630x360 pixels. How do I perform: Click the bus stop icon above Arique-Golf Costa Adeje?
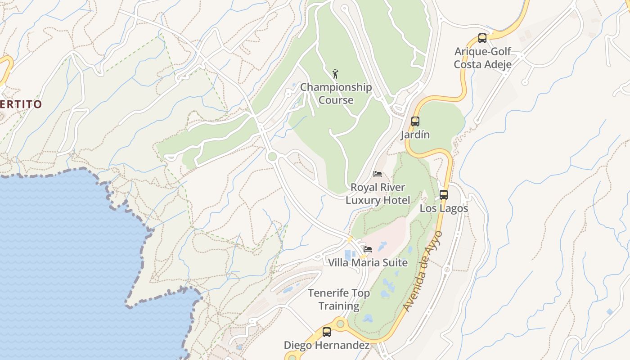(x=482, y=38)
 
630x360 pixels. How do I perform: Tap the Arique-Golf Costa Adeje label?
(x=482, y=58)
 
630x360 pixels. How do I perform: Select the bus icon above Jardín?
(x=415, y=121)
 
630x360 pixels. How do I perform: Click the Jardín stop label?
(x=415, y=135)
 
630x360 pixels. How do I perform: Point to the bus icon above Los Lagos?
(x=444, y=195)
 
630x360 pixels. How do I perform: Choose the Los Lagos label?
(x=444, y=208)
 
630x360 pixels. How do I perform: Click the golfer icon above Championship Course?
(x=335, y=74)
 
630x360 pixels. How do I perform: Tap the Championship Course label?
(x=336, y=94)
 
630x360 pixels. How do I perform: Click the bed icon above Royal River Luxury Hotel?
(x=378, y=174)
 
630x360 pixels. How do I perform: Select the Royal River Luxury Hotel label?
(x=378, y=193)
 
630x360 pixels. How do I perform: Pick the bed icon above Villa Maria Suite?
(x=368, y=249)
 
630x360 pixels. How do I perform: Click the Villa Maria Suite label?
(x=368, y=262)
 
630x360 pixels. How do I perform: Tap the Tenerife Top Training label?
(x=339, y=300)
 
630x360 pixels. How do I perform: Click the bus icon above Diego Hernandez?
(x=327, y=332)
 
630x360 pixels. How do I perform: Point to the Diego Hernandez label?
(x=327, y=346)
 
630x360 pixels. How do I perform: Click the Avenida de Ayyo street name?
(x=423, y=271)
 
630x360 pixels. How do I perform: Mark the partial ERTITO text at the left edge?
(x=21, y=104)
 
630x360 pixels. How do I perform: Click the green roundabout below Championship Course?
(x=271, y=157)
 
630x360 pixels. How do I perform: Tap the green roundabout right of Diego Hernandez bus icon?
(x=341, y=323)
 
